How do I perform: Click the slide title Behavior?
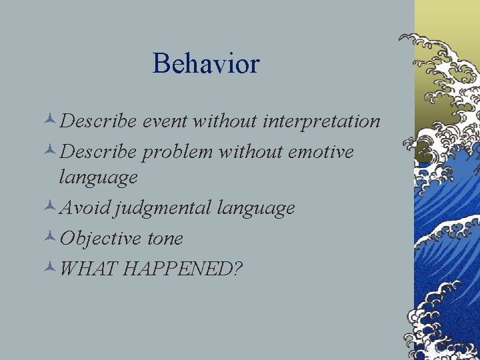205,64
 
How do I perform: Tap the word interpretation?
322,121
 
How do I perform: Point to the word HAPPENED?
183,269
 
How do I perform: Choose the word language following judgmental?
255,209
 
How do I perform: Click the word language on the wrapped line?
98,178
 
